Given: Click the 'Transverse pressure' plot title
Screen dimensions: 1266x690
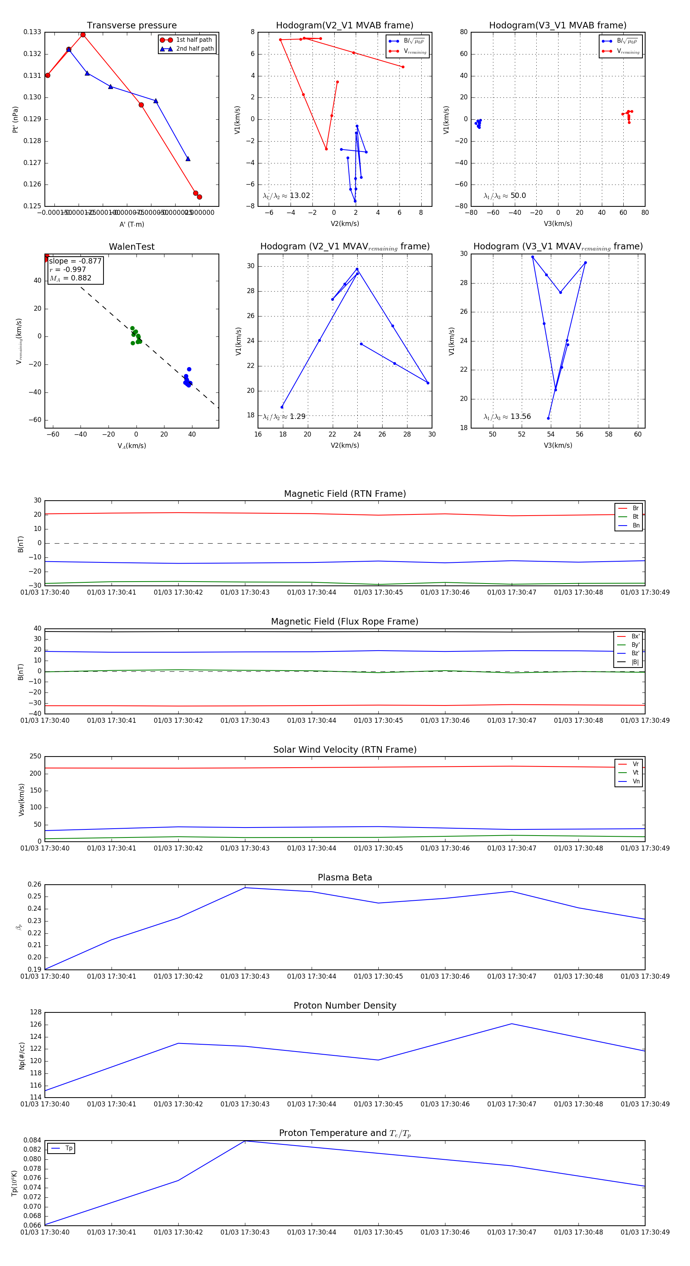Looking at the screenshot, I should (131, 26).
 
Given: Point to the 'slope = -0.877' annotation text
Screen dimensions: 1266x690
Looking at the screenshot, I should (75, 261).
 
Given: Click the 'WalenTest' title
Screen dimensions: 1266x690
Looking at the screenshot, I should (131, 247).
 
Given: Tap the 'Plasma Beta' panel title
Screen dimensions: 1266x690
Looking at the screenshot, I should (345, 877).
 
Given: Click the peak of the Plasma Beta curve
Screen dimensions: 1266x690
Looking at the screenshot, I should (245, 888).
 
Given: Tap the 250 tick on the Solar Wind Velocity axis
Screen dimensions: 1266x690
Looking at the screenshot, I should (35, 757).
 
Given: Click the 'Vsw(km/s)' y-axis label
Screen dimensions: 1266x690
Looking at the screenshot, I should (21, 799).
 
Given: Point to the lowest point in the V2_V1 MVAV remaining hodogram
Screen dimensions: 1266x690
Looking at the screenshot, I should (282, 407).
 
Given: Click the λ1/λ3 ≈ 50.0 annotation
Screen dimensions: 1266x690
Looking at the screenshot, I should (505, 196).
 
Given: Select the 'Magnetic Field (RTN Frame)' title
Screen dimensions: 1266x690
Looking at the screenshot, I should (345, 494).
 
